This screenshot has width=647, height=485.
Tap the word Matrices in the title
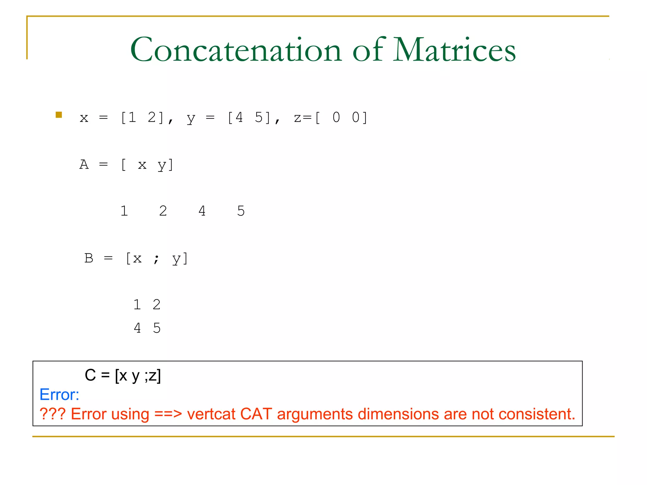455,50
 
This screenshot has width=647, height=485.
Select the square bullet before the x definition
59,115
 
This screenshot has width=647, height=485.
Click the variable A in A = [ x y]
84,165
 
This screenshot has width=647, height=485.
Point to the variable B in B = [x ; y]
89,258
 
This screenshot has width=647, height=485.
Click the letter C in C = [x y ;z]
90,375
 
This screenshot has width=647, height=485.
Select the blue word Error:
59,395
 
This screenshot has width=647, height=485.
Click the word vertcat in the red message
211,414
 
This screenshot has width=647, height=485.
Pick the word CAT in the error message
256,414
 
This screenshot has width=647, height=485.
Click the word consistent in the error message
537,414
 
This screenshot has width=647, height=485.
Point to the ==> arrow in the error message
168,414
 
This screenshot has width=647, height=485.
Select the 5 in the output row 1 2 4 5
241,211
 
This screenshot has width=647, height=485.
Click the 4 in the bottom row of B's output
137,328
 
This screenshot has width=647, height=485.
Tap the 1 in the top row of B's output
137,305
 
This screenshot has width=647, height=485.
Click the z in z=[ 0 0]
298,118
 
